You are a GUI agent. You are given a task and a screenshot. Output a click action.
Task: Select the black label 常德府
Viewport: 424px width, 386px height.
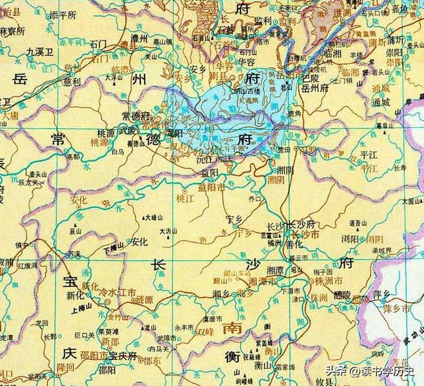coord(136,115)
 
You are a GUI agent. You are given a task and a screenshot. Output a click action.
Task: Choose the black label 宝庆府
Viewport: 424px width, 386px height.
coord(122,356)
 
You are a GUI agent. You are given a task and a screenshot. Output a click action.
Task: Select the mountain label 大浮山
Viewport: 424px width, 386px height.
coord(113,77)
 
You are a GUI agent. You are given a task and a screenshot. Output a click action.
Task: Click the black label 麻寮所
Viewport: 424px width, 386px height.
coord(11,31)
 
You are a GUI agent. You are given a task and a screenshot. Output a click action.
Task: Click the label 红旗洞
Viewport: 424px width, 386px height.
coord(28,265)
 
